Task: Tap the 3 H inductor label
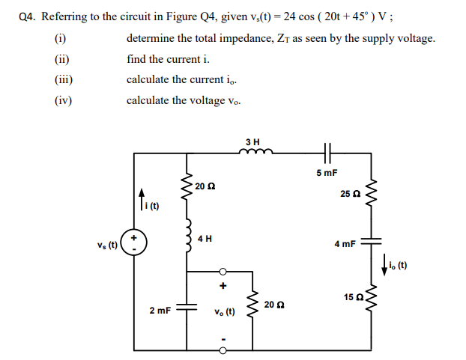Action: point(253,141)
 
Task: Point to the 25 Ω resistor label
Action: point(350,194)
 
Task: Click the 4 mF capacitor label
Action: point(345,245)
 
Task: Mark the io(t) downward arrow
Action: point(384,263)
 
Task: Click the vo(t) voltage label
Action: point(224,312)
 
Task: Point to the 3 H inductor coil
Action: point(252,153)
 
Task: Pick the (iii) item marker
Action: point(63,79)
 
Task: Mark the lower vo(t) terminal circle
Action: point(223,350)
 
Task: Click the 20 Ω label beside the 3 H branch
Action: point(205,185)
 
